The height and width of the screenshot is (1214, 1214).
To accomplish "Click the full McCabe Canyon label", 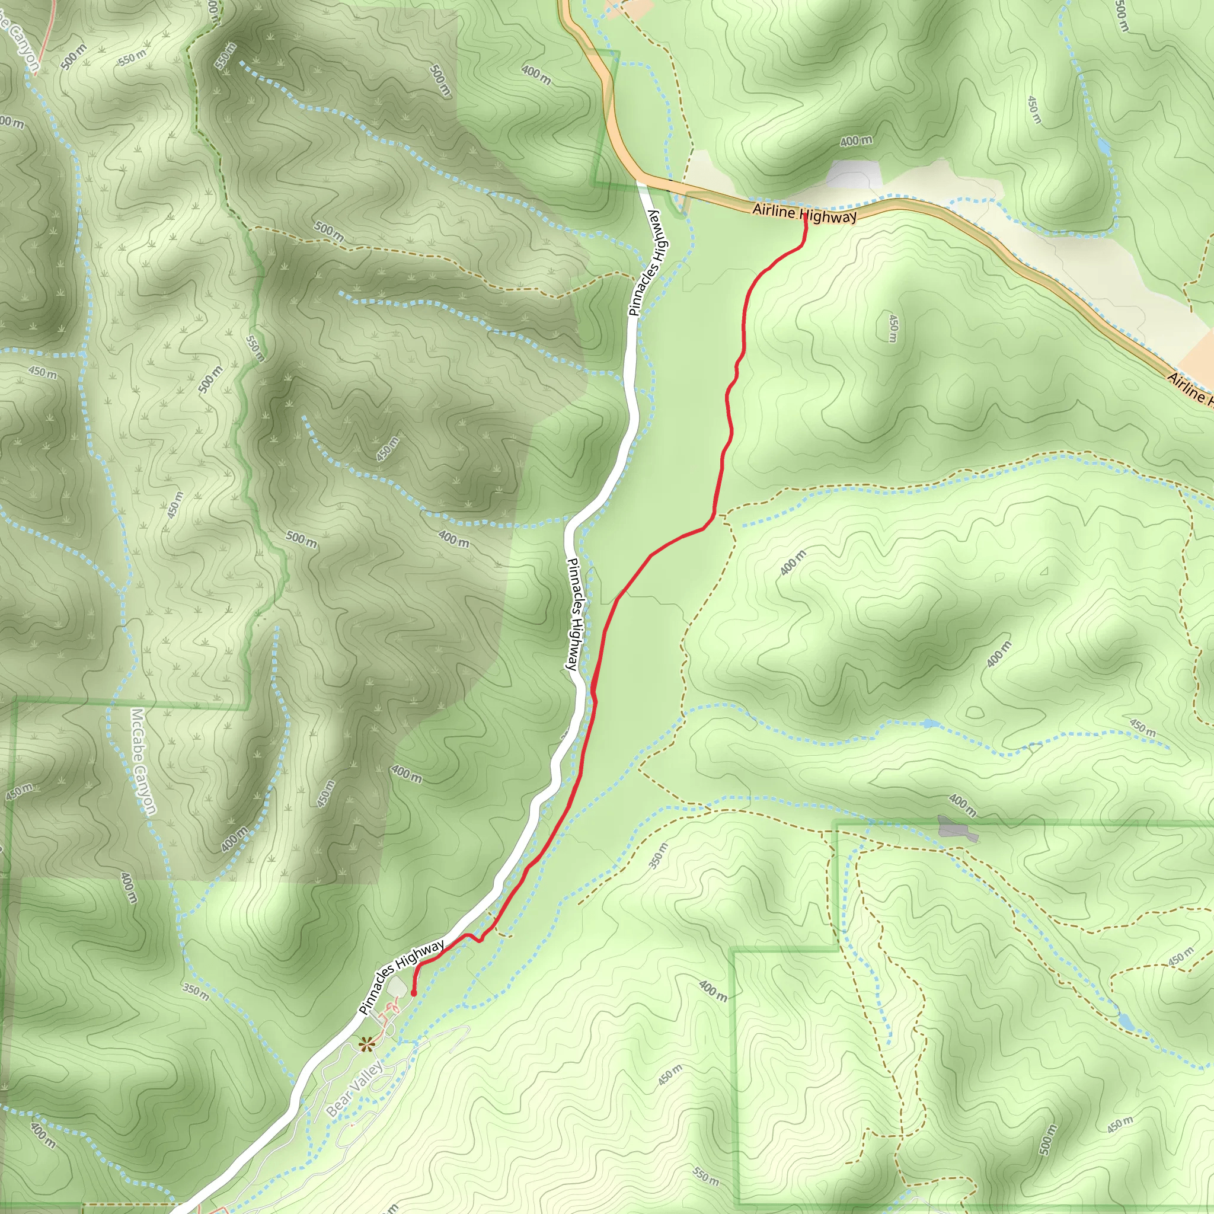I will coord(143,762).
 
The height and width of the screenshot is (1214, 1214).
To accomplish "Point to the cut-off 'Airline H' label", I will coord(1190,388).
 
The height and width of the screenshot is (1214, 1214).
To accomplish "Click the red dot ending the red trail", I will coord(414,993).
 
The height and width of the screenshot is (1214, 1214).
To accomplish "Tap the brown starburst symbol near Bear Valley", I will coord(366,1044).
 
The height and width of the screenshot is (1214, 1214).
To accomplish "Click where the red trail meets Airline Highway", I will coord(805,216).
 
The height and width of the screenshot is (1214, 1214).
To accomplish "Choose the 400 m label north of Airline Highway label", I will coord(856,140).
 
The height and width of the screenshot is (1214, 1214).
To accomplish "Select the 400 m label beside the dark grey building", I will coord(962,804).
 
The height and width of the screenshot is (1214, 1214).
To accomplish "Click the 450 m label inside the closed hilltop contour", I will coord(892,328).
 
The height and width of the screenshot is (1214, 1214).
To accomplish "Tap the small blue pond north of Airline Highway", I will coord(1103,147).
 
